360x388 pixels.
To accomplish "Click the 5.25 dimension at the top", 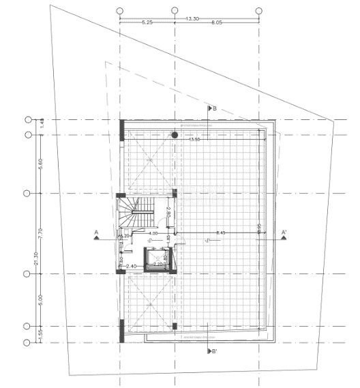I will (x=147, y=23).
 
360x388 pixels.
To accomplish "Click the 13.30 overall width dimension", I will (x=192, y=18).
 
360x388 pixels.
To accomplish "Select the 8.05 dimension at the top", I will (x=217, y=23).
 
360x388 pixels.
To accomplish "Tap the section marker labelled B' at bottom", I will (x=213, y=351).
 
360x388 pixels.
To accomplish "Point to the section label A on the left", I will (x=97, y=233).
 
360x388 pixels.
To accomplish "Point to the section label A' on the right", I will (x=283, y=233).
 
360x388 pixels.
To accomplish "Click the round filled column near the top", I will (x=175, y=136).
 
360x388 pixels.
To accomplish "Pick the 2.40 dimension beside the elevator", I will (x=132, y=266).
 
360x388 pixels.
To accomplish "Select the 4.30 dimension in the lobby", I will (x=154, y=234).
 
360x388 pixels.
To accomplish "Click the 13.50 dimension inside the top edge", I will (x=195, y=140).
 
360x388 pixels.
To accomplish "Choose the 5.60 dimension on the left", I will (x=41, y=164).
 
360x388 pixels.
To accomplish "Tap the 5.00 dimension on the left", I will (x=41, y=299).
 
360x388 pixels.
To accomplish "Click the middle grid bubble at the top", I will (x=175, y=12).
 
